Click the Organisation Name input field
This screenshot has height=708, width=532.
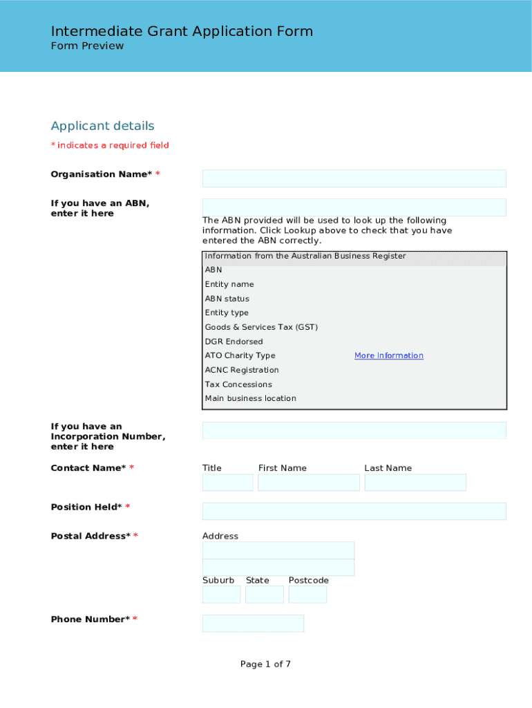[354, 178]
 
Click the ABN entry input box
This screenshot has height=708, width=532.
[354, 207]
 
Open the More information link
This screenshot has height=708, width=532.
[388, 355]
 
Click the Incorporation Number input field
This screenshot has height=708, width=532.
[354, 430]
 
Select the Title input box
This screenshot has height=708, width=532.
[227, 483]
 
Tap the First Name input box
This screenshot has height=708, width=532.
[308, 483]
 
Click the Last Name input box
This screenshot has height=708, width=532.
[415, 483]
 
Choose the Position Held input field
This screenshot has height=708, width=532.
[354, 512]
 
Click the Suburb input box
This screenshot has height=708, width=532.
[221, 595]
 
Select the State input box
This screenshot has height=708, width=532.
[264, 595]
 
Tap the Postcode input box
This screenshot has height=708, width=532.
[307, 595]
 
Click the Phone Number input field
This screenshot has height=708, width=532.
[253, 624]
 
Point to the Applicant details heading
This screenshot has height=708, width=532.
[102, 126]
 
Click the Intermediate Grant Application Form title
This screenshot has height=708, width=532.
[182, 31]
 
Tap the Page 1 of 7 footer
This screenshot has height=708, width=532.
[265, 664]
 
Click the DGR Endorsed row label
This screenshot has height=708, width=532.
[234, 342]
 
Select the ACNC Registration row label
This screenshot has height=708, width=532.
[242, 370]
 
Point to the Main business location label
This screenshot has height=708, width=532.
[250, 398]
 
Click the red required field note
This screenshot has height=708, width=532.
[110, 145]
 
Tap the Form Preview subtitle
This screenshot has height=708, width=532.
[87, 46]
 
